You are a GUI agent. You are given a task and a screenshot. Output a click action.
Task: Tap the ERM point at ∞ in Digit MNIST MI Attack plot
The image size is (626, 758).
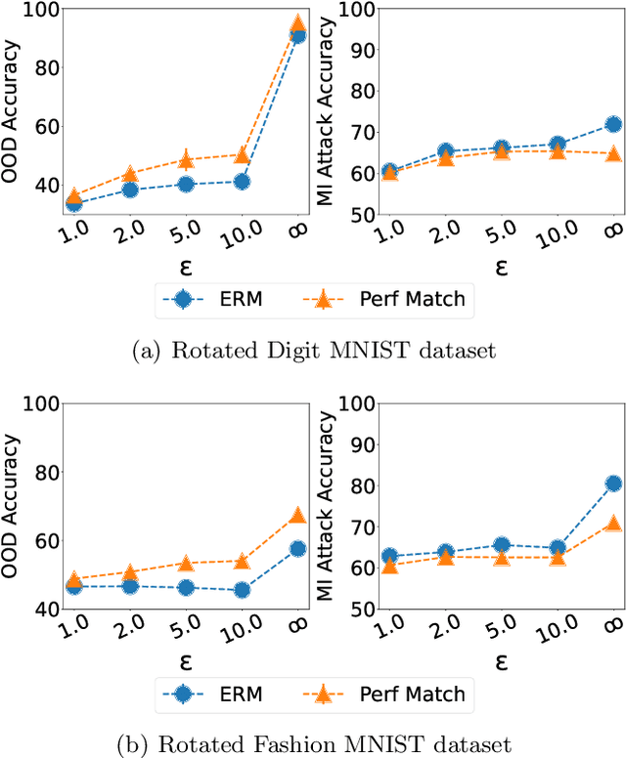613,124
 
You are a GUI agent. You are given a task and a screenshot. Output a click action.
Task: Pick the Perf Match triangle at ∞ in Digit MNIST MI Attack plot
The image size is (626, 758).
613,153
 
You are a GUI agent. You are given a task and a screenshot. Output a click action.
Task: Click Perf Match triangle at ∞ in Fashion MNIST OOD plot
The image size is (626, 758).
297,515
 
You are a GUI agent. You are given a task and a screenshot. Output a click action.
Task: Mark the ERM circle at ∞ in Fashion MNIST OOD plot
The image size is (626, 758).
297,548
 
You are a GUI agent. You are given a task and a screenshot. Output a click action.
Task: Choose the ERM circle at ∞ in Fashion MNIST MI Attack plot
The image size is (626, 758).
613,484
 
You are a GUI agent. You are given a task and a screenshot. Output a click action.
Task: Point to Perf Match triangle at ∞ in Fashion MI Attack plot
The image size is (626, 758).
613,523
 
